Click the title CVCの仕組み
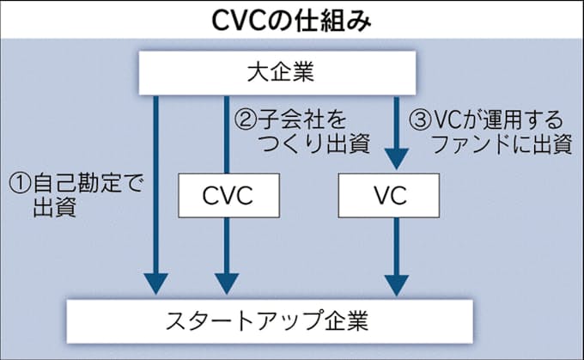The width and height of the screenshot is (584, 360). click(291, 19)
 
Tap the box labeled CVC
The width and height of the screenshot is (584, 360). click(228, 195)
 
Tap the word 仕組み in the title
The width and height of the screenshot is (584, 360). click(336, 19)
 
